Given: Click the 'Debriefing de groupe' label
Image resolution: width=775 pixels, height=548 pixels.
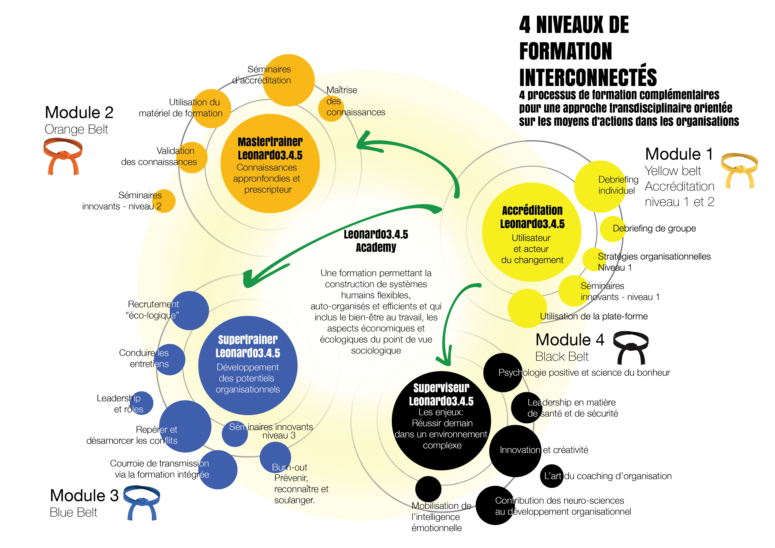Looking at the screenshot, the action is pos(654,228).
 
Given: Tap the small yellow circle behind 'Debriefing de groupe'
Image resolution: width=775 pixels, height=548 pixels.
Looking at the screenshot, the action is pos(613,229).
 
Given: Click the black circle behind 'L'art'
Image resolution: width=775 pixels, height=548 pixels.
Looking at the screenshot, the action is pos(551,476).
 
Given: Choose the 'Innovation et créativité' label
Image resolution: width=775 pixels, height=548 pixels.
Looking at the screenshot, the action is pos(544,450).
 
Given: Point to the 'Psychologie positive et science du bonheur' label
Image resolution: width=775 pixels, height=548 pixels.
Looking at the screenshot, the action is pos(584,372).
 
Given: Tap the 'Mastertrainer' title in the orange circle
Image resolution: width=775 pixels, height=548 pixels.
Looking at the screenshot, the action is pos(270,142).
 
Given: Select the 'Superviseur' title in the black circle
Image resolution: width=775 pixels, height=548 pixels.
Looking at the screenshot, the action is pos(441,388).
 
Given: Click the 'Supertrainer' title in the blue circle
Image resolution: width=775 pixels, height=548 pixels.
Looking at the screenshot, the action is pos(248,340).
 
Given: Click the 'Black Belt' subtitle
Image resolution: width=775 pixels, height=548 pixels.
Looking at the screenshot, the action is pos(562,357).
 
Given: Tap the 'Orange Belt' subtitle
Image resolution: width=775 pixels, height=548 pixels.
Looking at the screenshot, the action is pos(76,130).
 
